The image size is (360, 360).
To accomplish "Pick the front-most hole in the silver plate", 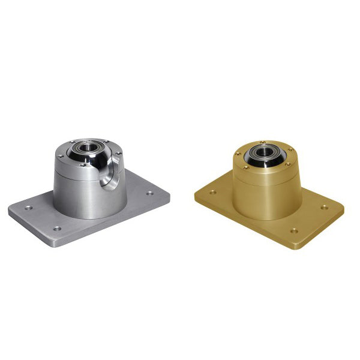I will [x=57, y=229].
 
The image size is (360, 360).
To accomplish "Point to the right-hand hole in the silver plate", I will [x=149, y=194].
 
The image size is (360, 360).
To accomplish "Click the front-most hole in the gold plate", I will [x=294, y=230].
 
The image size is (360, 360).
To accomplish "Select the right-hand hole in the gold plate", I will [x=324, y=208].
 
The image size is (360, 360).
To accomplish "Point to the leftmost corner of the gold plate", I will [x=195, y=193].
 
